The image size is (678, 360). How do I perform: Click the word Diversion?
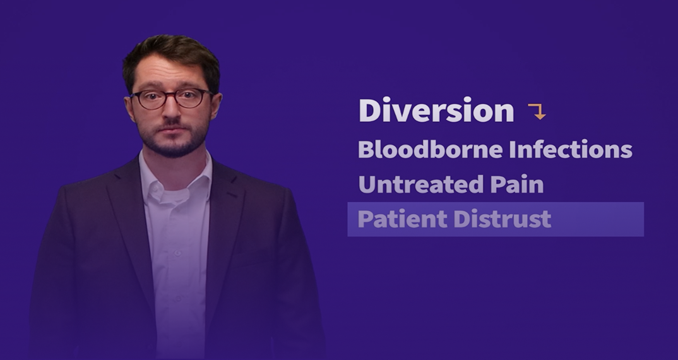click(x=436, y=111)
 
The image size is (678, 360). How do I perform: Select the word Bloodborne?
click(x=431, y=149)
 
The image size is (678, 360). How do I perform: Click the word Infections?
click(x=571, y=149)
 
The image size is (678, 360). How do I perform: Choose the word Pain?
click(x=517, y=184)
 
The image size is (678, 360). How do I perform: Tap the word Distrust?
click(x=503, y=219)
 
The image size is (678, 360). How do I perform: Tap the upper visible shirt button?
click(x=177, y=253)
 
